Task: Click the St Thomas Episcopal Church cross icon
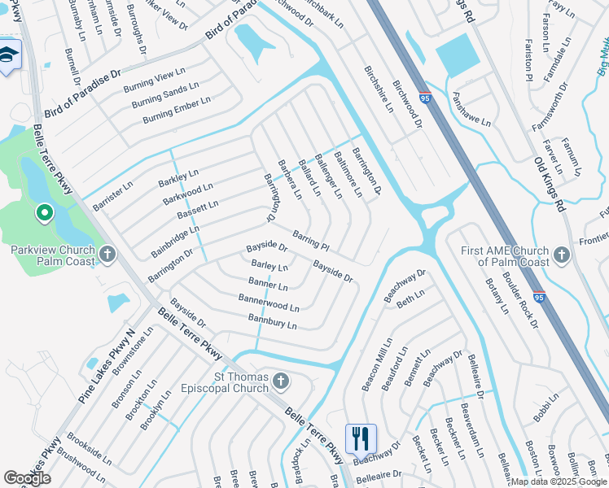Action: pyautogui.click(x=281, y=381)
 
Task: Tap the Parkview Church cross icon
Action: pyautogui.click(x=107, y=255)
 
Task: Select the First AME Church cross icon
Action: pyautogui.click(x=561, y=256)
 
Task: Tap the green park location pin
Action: pyautogui.click(x=45, y=214)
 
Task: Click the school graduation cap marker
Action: pyautogui.click(x=8, y=55)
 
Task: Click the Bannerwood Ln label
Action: pyautogui.click(x=269, y=305)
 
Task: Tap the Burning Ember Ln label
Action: pyautogui.click(x=177, y=110)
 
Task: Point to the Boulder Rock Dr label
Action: pyautogui.click(x=521, y=297)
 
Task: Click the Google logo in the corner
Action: pyautogui.click(x=27, y=478)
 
